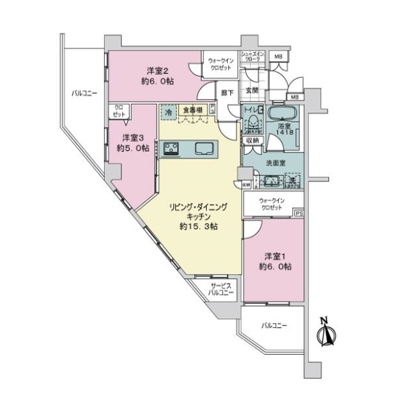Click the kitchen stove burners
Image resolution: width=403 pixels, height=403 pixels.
pos(170,148)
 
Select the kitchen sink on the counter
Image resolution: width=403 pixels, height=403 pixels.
pos(204,148)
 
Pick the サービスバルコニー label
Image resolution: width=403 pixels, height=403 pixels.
pos(220,289)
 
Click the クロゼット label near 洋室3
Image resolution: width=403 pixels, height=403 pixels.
pos(118,111)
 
